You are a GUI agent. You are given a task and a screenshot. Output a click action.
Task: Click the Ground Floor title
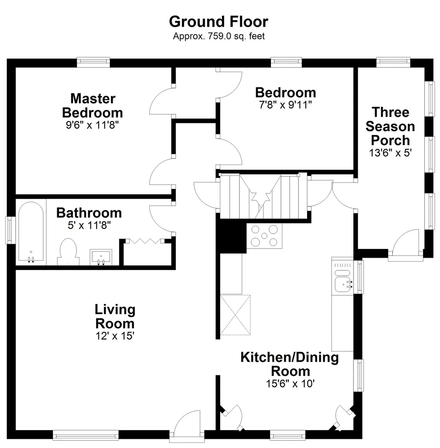tap(218, 22)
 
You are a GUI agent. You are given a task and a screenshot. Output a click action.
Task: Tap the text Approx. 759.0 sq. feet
tap(219, 36)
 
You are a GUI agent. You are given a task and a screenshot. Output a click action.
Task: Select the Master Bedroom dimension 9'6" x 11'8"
tap(92, 125)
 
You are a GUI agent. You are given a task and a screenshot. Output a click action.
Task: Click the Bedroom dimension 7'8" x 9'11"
tap(285, 105)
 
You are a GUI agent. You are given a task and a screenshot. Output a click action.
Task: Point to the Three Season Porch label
tap(390, 126)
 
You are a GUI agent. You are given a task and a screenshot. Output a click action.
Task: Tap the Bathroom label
tap(89, 213)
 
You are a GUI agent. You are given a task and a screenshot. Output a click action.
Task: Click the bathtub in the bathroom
tap(31, 232)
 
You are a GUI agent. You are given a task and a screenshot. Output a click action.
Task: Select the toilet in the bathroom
tap(68, 252)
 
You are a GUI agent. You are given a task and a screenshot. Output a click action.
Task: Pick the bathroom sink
tap(101, 257)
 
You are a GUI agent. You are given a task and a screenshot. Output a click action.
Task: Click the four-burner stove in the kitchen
tap(264, 236)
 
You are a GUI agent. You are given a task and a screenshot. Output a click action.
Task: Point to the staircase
tap(263, 196)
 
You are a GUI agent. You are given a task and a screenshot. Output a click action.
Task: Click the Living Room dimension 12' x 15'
tap(115, 336)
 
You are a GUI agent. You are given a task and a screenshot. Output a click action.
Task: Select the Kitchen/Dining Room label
tap(290, 364)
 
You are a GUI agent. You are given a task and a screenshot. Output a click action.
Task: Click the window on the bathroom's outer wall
tap(10, 230)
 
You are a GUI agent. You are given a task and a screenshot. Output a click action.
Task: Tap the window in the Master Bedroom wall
tap(94, 62)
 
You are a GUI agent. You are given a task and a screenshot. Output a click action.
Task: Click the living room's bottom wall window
tap(86, 435)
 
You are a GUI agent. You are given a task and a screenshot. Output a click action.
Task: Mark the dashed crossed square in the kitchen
tap(235, 315)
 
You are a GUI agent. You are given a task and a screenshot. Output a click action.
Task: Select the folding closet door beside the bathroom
tap(145, 241)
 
